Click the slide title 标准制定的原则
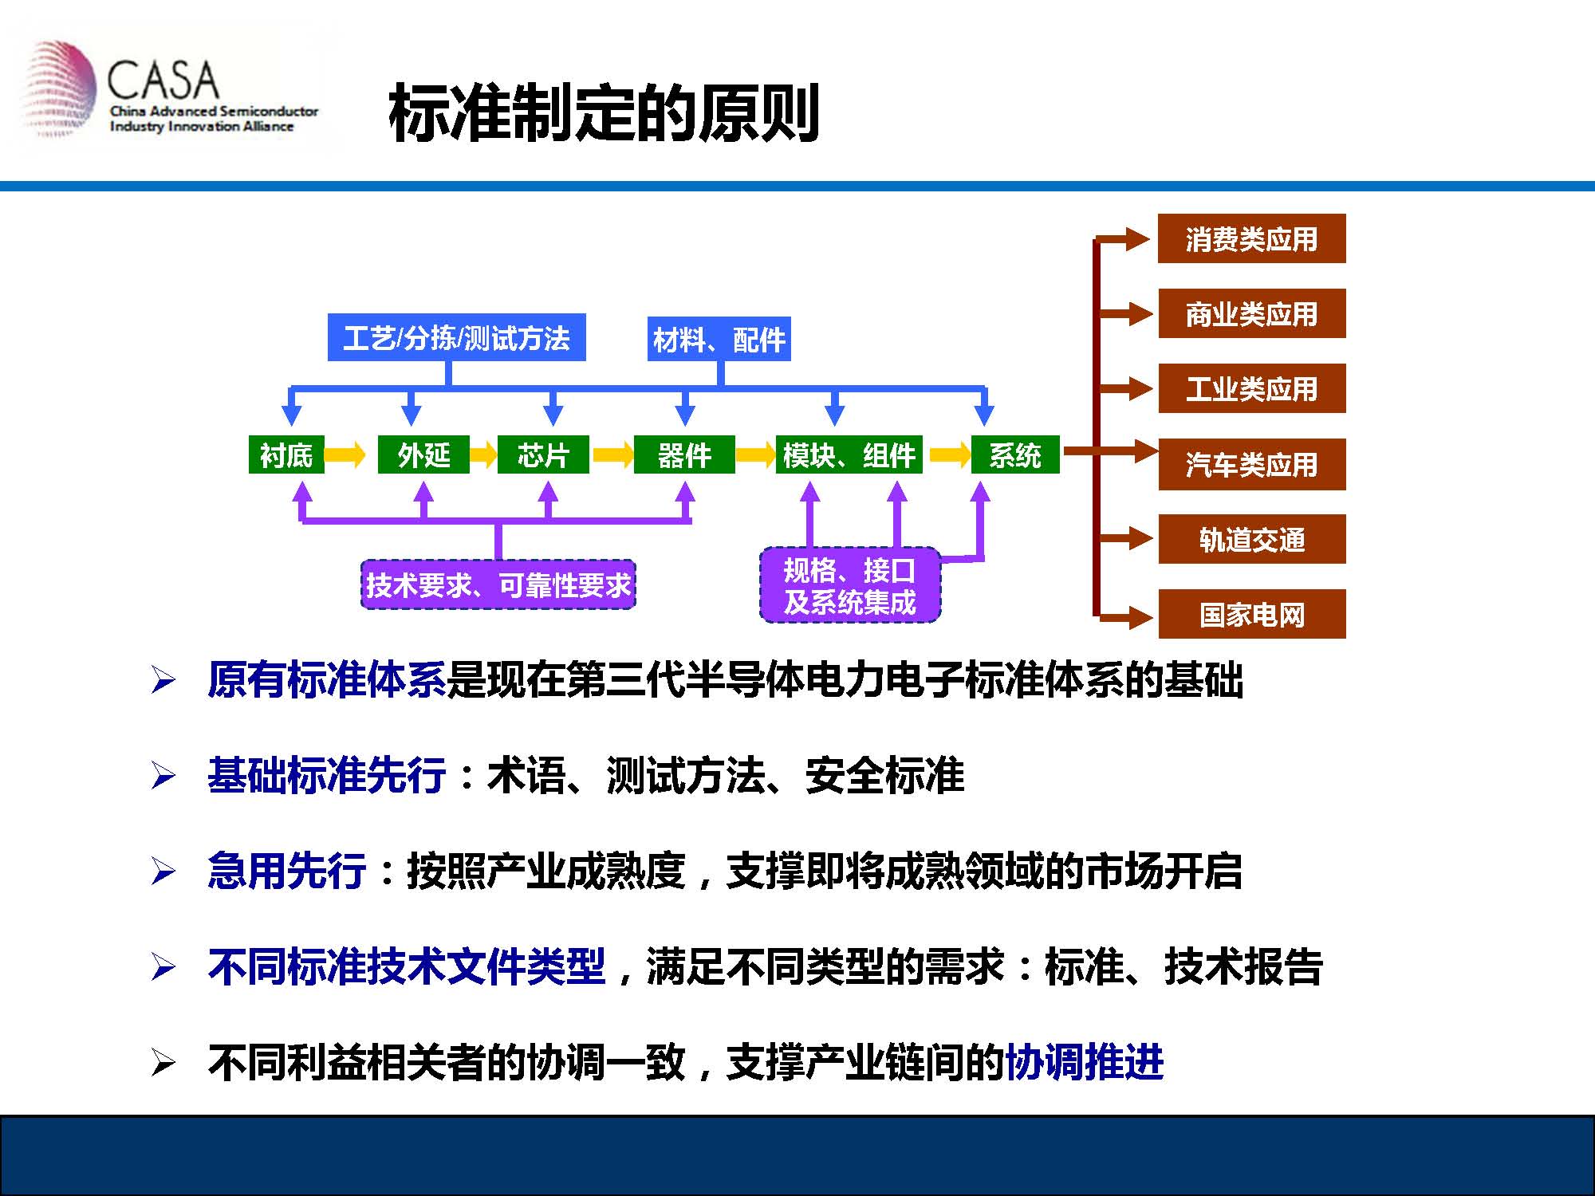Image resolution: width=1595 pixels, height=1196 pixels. pos(604,113)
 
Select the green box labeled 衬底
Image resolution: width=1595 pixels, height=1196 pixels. pos(286,454)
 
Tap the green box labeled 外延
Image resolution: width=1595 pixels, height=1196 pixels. pos(423,454)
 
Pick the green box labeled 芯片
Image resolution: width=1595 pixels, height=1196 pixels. pos(543,454)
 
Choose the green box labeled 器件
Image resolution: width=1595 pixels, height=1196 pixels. pos(684,454)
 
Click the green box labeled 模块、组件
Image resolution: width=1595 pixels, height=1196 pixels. pos(849,454)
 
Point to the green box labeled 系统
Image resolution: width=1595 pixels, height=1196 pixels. pos(1015,454)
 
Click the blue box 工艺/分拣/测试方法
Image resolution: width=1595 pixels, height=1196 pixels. pos(457,337)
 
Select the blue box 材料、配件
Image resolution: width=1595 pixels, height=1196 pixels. pos(719,339)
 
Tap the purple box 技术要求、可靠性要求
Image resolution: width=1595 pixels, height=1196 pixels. pos(498,585)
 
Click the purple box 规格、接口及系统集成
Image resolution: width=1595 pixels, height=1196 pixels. pos(850,585)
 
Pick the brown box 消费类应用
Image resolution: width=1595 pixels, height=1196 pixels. pos(1252,238)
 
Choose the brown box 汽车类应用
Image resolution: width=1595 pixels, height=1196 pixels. pos(1252,464)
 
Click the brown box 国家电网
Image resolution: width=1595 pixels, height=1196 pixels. pos(1252,614)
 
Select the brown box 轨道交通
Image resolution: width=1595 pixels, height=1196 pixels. pos(1252,539)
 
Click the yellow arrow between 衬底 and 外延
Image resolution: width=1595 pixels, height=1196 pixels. pos(345,454)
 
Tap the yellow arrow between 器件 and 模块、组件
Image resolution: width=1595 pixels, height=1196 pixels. pos(755,454)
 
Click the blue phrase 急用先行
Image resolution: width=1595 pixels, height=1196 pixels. pos(286,870)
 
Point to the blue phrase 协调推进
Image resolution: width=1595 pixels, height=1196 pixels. pos(1084,1061)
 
